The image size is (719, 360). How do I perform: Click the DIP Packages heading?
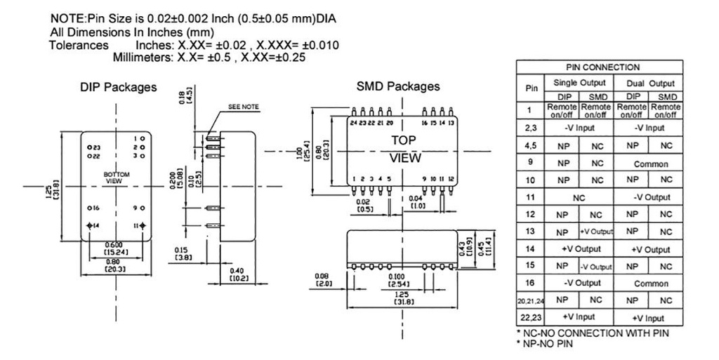point(118,88)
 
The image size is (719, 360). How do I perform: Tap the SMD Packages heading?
point(398,86)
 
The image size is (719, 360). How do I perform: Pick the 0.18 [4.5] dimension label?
point(185,97)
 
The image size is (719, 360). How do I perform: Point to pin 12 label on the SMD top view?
point(451,179)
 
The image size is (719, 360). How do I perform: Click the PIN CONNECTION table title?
point(599,67)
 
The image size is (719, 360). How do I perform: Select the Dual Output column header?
point(649,83)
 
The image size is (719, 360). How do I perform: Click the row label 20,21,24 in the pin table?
point(531,300)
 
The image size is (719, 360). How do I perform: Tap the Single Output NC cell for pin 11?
point(579,198)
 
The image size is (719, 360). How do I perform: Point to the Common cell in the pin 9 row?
point(649,163)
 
